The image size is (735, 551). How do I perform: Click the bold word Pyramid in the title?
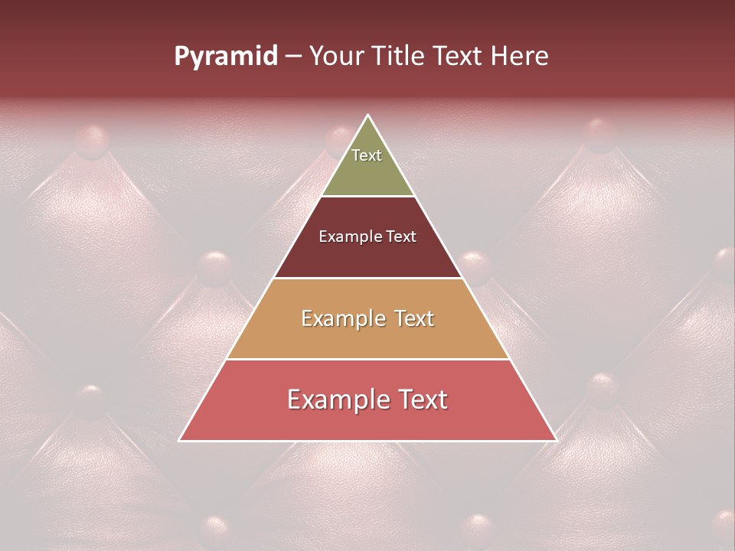[225, 57]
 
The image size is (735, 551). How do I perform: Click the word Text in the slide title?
[458, 57]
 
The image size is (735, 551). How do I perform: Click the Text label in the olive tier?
[367, 155]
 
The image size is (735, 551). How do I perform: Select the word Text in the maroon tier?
[402, 236]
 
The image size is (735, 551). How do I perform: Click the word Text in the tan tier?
[413, 318]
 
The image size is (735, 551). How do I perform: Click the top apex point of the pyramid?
[367, 116]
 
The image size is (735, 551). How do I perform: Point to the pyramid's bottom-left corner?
[179, 440]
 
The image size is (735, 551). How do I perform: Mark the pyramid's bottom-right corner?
[556, 440]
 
